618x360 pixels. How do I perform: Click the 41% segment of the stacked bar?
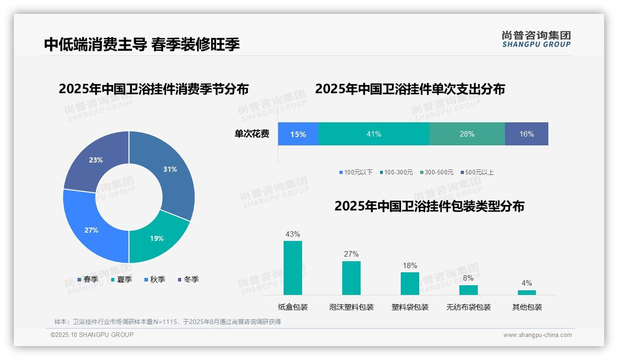374,134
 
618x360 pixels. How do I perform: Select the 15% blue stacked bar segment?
298,134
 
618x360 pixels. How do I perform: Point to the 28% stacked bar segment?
467,134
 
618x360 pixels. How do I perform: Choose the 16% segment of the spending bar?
526,134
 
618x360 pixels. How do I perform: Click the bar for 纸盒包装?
293,268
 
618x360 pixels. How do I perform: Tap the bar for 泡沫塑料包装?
351,278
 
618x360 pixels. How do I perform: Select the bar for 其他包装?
527,293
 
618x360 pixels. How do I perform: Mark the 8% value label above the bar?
468,278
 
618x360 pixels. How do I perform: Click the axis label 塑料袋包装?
410,307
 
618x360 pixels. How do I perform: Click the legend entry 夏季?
122,279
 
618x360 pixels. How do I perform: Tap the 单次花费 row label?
252,134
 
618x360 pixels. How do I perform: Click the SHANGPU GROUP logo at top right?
536,39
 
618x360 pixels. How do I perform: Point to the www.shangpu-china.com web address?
537,335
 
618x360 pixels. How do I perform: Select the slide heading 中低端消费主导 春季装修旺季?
142,44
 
